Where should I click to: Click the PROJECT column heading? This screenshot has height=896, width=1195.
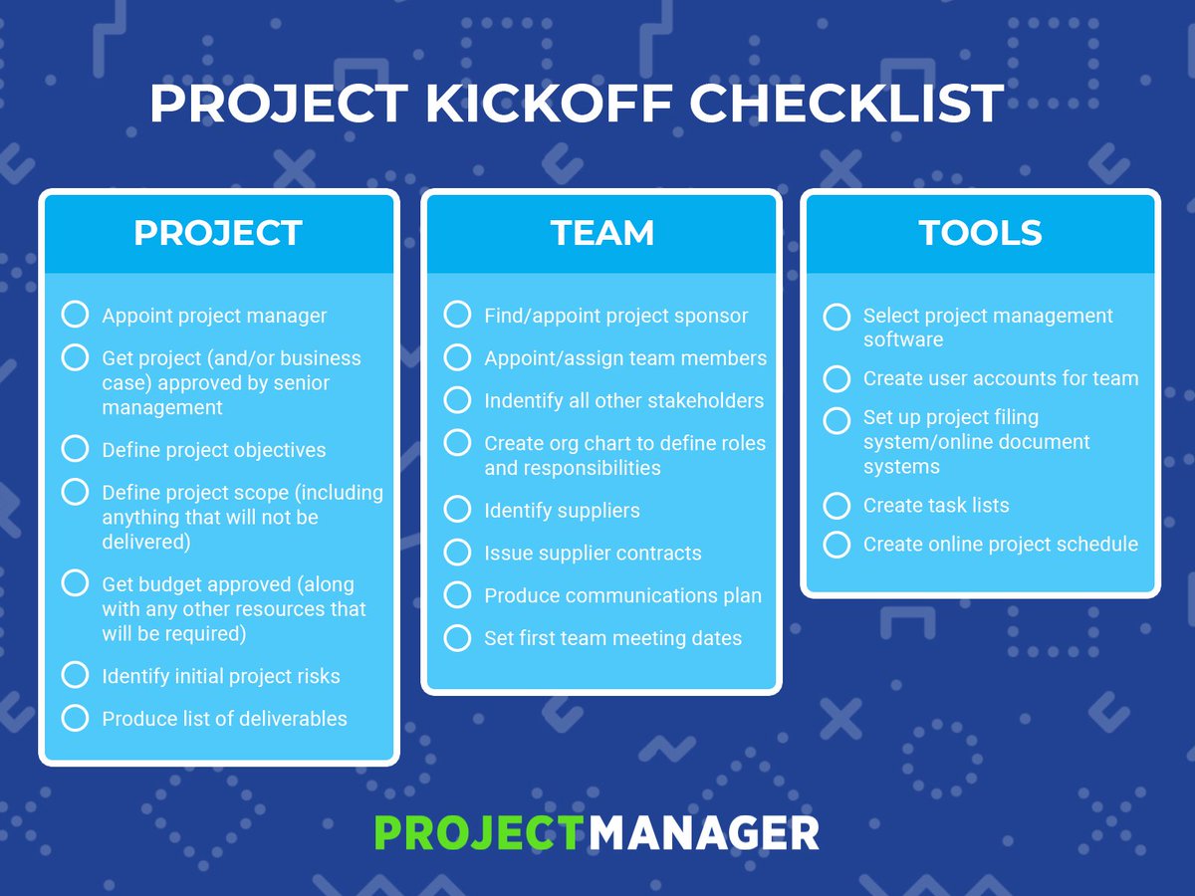[x=218, y=233]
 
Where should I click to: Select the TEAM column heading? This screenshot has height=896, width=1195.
[x=602, y=233]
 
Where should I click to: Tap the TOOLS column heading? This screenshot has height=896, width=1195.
[x=980, y=233]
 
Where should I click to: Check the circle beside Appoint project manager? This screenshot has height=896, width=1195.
[x=75, y=315]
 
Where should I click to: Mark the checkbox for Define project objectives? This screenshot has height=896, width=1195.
[x=75, y=449]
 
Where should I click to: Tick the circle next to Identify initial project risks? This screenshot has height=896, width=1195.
[x=75, y=675]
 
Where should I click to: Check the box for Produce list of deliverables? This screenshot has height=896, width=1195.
[x=75, y=718]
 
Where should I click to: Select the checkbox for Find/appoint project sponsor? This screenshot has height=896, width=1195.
[x=457, y=315]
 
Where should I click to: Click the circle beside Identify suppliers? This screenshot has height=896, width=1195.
[x=457, y=510]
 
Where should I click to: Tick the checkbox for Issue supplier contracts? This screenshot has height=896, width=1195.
[x=457, y=553]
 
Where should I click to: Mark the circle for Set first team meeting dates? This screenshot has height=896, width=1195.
[x=457, y=638]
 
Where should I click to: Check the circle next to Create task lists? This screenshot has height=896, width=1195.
[x=836, y=506]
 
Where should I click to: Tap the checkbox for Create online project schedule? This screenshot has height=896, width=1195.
[x=836, y=545]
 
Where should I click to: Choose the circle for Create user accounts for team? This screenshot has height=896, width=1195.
[x=836, y=379]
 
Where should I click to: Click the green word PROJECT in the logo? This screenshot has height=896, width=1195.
[x=477, y=832]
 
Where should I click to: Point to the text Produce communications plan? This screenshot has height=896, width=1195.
[x=622, y=595]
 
